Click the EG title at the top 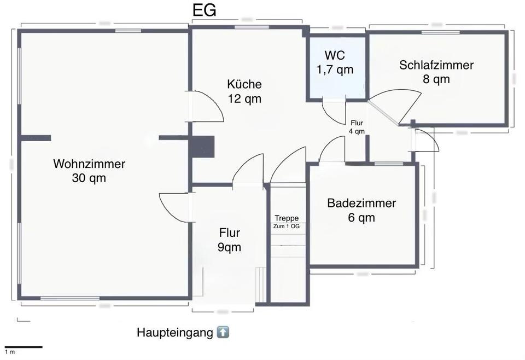(203, 11)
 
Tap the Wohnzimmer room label (89, 164)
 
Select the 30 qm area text (89, 178)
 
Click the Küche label (244, 84)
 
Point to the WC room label (335, 55)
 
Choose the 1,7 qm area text (335, 69)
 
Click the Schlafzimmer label (436, 65)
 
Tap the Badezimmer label (361, 204)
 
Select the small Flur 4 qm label (357, 127)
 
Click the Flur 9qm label (230, 240)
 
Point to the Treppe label (287, 218)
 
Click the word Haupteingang (174, 333)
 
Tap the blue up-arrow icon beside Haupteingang (223, 332)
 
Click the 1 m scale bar (24, 347)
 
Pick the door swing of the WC (332, 111)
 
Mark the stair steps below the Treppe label (288, 246)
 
